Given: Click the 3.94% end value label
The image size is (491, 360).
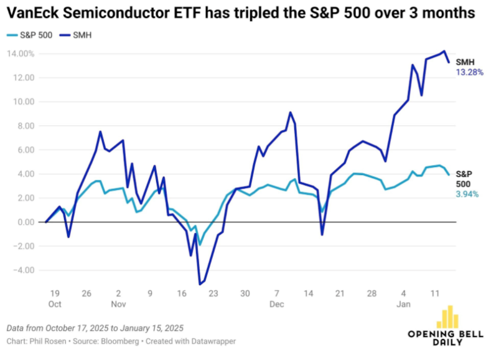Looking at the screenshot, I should tap(469, 194).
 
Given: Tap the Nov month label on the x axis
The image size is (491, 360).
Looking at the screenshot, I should tap(119, 305).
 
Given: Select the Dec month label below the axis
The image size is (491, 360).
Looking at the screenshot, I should tap(277, 305).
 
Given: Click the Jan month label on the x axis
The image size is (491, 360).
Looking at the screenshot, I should tap(404, 305).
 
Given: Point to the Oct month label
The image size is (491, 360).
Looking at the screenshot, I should tap(55, 305).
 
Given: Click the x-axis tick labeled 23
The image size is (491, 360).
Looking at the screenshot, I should tap(213, 293).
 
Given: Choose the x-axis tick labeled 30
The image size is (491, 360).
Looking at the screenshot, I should tap(245, 293).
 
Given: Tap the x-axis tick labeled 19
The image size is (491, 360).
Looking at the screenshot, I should tap(55, 293).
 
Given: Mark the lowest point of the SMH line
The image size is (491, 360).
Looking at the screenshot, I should tap(200, 284).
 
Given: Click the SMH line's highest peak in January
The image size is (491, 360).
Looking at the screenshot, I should tap(444, 51).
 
